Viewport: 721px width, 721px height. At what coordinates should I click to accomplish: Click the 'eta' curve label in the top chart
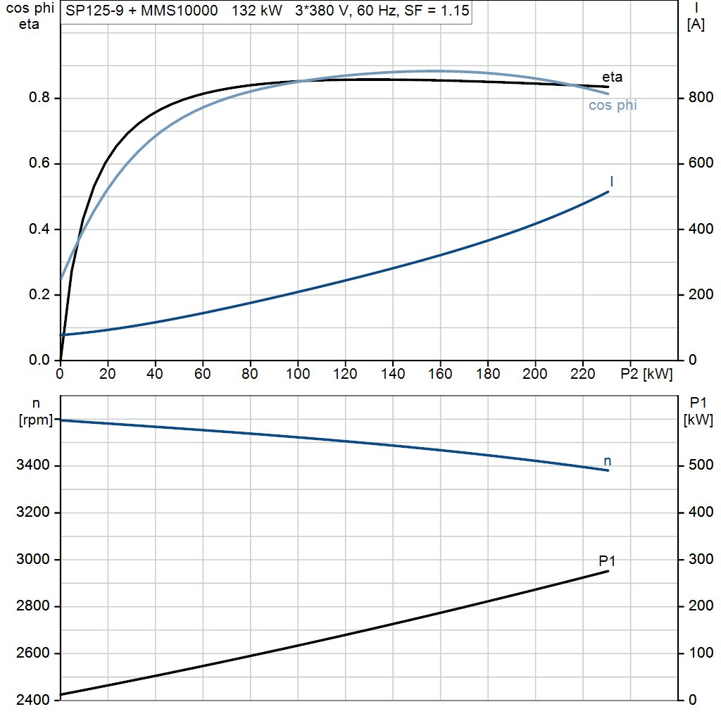pyautogui.click(x=612, y=77)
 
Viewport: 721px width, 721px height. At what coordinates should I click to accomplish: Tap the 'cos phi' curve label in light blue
pyautogui.click(x=613, y=106)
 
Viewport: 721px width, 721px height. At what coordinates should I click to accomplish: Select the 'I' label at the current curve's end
pyautogui.click(x=612, y=182)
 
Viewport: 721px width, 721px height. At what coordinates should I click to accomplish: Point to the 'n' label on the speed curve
pyautogui.click(x=608, y=461)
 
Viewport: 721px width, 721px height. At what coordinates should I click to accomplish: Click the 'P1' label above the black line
pyautogui.click(x=607, y=561)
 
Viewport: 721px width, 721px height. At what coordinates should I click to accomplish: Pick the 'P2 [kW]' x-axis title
pyautogui.click(x=646, y=374)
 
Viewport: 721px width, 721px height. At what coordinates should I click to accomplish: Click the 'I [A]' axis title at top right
pyautogui.click(x=696, y=16)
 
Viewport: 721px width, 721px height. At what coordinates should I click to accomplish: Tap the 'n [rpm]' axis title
pyautogui.click(x=36, y=411)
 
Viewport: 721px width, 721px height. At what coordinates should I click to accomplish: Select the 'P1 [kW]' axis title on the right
pyautogui.click(x=698, y=411)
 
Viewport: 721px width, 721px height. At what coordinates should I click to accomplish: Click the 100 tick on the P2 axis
pyautogui.click(x=298, y=374)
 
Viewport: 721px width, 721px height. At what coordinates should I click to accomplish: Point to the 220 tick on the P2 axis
pyautogui.click(x=582, y=374)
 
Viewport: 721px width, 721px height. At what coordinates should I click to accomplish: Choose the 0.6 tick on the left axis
pyautogui.click(x=39, y=163)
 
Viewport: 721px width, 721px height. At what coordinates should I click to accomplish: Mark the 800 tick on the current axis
pyautogui.click(x=701, y=97)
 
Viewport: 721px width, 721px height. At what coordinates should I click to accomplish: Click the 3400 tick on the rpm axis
pyautogui.click(x=32, y=465)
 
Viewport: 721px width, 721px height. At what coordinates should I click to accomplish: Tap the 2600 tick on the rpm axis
pyautogui.click(x=32, y=653)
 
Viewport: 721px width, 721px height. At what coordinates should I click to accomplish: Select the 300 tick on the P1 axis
pyautogui.click(x=701, y=559)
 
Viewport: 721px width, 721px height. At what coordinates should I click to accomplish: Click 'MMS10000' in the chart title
pyautogui.click(x=180, y=11)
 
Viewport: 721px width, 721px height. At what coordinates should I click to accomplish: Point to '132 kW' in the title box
pyautogui.click(x=256, y=11)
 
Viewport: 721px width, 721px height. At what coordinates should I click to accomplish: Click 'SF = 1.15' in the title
pyautogui.click(x=437, y=11)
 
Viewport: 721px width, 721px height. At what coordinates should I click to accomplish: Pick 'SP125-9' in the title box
pyautogui.click(x=95, y=11)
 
